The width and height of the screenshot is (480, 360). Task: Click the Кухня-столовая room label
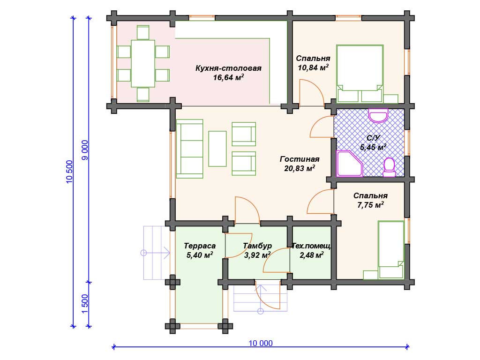tap(228, 68)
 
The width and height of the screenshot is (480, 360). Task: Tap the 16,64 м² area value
tap(228, 77)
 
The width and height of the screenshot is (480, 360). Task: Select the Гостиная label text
tap(300, 159)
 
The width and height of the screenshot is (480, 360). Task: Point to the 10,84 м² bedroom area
tap(313, 67)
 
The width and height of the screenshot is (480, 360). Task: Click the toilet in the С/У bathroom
tap(390, 167)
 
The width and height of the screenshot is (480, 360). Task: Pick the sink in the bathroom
tap(378, 115)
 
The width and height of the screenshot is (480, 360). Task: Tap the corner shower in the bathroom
tap(349, 164)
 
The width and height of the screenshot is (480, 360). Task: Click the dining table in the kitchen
tap(143, 63)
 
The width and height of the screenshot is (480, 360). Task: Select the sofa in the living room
tap(190, 149)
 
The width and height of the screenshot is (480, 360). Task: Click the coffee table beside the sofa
tap(217, 149)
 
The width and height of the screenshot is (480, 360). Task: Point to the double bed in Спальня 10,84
tap(360, 74)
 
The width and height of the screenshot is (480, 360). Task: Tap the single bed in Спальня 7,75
tap(391, 249)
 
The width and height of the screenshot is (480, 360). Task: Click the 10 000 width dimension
tap(261, 343)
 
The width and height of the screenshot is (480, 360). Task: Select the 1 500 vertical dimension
tap(85, 304)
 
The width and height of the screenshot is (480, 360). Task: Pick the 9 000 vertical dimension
tap(85, 150)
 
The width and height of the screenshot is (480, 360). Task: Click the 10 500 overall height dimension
tap(69, 172)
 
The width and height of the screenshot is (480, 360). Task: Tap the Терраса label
tap(200, 246)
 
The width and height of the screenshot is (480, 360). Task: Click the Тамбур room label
tap(257, 246)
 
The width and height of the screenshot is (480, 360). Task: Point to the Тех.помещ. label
tap(312, 246)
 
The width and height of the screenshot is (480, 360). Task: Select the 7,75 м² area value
tap(370, 205)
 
